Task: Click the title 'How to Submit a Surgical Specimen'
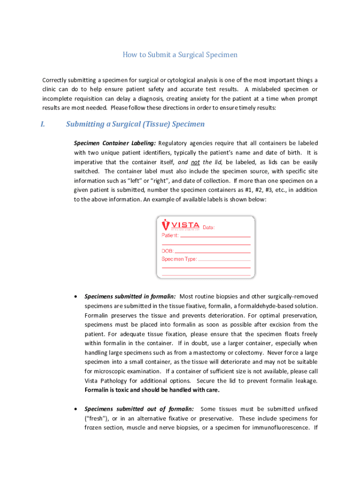tap(180, 55)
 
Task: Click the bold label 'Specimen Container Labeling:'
tap(115, 143)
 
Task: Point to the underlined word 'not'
tap(195, 162)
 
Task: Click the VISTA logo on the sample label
tap(181, 225)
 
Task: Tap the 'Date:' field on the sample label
tap(209, 228)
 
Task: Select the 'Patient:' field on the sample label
tap(170, 235)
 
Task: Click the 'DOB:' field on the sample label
tap(168, 251)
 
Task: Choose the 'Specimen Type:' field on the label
tap(180, 259)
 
